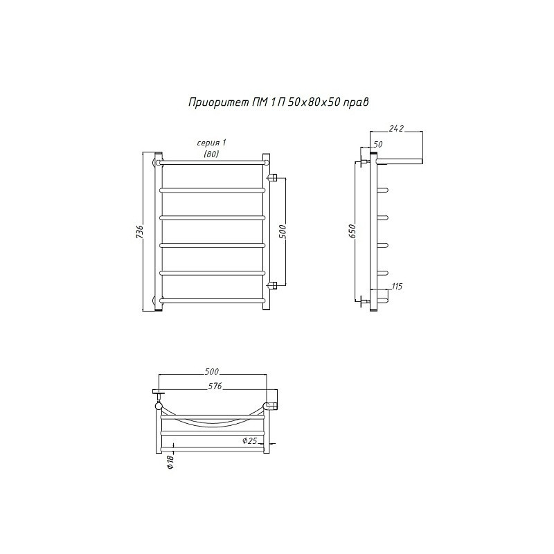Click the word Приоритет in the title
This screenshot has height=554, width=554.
(x=218, y=102)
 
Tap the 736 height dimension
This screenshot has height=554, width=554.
(x=140, y=231)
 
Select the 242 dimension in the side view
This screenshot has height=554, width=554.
(x=396, y=129)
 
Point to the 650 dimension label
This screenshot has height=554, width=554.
(x=352, y=231)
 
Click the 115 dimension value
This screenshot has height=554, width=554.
(x=397, y=286)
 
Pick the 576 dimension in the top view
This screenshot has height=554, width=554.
(x=215, y=386)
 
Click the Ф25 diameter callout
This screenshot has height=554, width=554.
(x=249, y=440)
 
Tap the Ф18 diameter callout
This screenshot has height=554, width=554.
(x=170, y=462)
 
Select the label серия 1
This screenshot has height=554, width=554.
(x=211, y=143)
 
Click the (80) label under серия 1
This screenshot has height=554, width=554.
(x=211, y=154)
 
